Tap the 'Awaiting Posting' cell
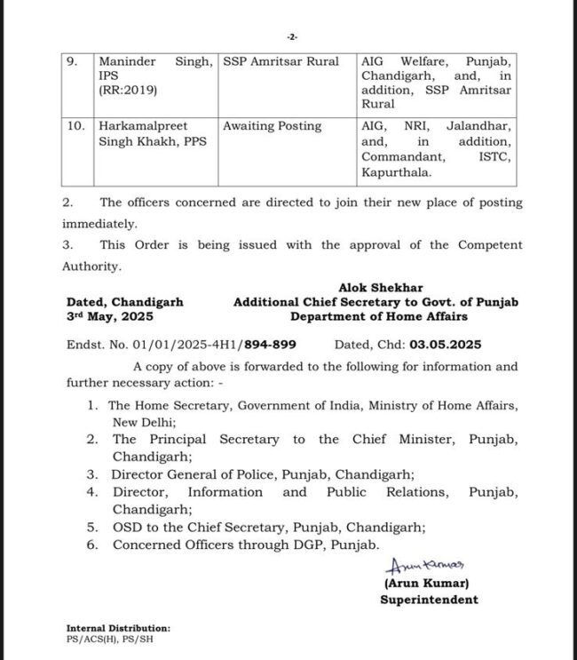(272, 126)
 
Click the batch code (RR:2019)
(123, 90)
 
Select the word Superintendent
(429, 600)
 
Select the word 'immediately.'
(100, 225)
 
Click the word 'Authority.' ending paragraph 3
(91, 265)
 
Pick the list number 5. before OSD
(93, 528)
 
